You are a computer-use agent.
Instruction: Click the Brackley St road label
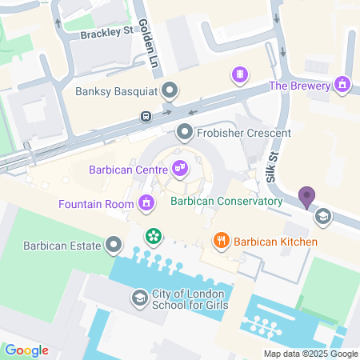pyautogui.click(x=106, y=33)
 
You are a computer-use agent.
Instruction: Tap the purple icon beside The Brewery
pyautogui.click(x=343, y=84)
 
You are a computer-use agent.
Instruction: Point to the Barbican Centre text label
pyautogui.click(x=127, y=168)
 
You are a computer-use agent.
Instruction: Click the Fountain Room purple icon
pyautogui.click(x=146, y=203)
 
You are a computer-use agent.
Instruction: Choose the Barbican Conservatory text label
pyautogui.click(x=227, y=201)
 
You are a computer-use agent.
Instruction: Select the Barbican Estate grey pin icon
pyautogui.click(x=115, y=244)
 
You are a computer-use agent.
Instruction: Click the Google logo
pyautogui.click(x=26, y=350)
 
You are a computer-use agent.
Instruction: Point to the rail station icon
pyautogui.click(x=146, y=115)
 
